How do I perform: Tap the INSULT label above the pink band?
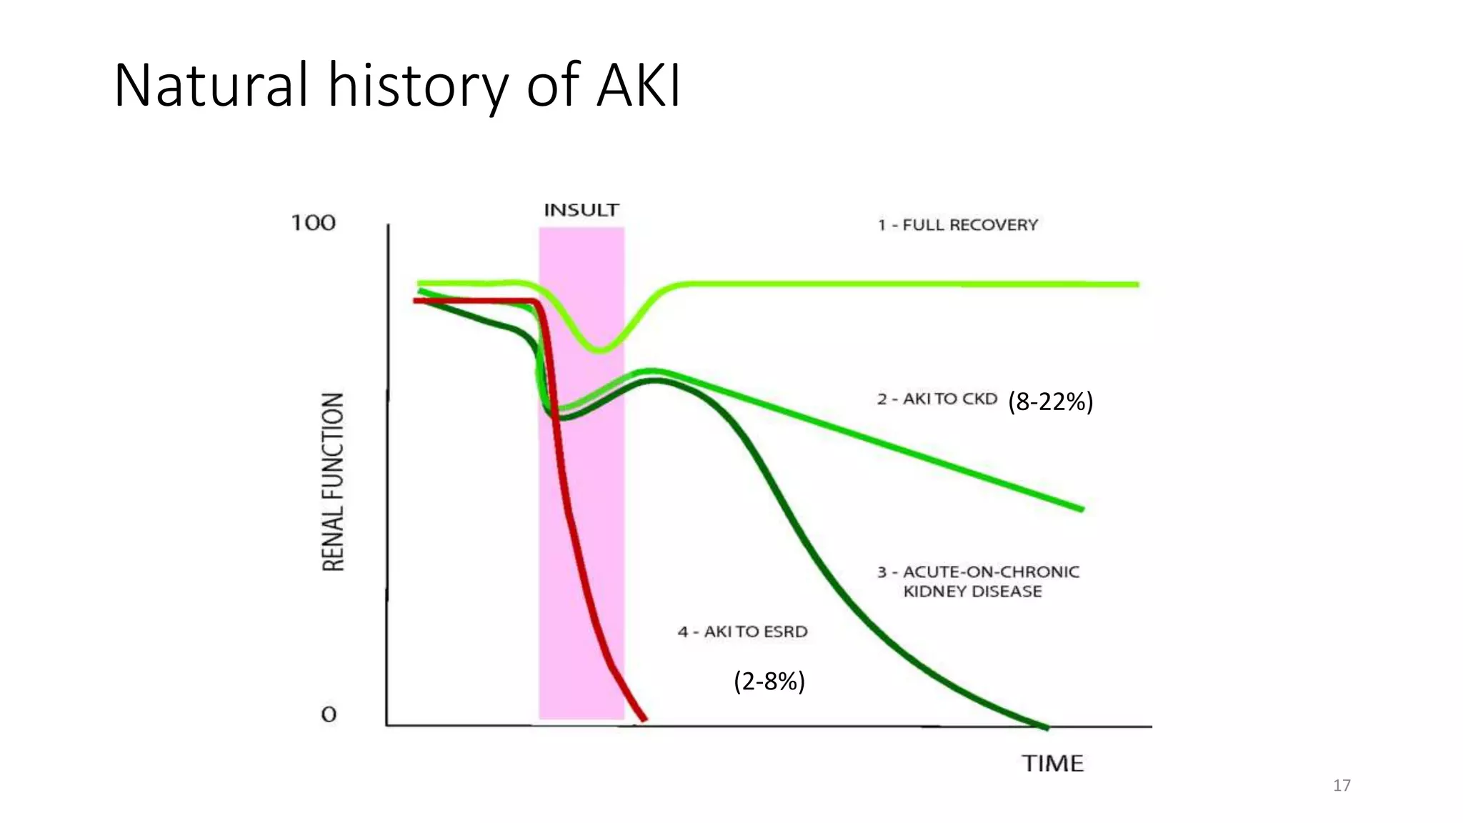pyautogui.click(x=581, y=211)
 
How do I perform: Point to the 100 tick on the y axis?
pyautogui.click(x=313, y=223)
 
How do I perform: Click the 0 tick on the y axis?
pyautogui.click(x=329, y=714)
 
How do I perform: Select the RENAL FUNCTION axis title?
pyautogui.click(x=334, y=482)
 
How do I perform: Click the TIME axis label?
pyautogui.click(x=1052, y=764)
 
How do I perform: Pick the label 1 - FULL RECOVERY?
pyautogui.click(x=957, y=225)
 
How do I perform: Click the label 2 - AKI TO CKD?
pyautogui.click(x=937, y=399)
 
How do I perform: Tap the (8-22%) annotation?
pyautogui.click(x=1050, y=402)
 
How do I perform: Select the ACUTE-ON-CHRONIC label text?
pyautogui.click(x=990, y=572)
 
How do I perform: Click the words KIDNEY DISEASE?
pyautogui.click(x=972, y=592)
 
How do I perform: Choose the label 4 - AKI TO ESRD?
pyautogui.click(x=742, y=632)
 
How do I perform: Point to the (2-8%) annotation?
pyautogui.click(x=769, y=682)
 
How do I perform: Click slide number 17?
pyautogui.click(x=1342, y=786)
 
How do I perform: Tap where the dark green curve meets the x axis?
pyautogui.click(x=1047, y=727)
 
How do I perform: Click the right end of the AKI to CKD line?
pyautogui.click(x=1082, y=509)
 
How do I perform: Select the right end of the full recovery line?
pyautogui.click(x=1137, y=284)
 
